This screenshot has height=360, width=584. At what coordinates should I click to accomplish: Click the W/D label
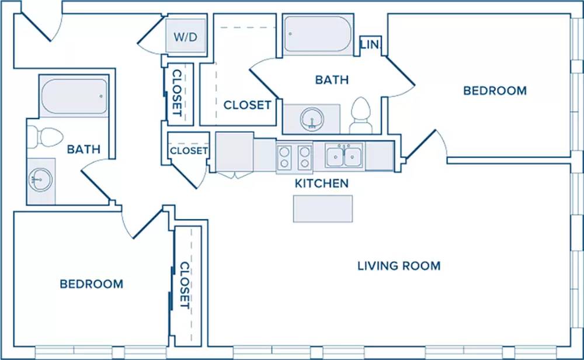(185, 37)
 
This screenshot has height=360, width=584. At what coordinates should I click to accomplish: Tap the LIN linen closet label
(370, 45)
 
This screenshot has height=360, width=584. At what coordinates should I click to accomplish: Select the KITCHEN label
(322, 184)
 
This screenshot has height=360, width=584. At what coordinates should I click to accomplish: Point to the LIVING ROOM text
(399, 266)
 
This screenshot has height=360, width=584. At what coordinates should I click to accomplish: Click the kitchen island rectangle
(323, 209)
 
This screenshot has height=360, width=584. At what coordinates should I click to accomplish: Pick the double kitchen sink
(343, 156)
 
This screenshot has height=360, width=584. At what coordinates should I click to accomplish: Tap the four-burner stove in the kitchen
(294, 157)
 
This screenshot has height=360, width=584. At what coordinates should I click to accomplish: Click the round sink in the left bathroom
(41, 180)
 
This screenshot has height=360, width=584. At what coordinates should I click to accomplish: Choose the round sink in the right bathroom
(312, 119)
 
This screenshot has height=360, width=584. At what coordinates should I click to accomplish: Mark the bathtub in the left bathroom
(74, 96)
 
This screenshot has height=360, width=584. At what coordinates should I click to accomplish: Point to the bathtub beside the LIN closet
(318, 34)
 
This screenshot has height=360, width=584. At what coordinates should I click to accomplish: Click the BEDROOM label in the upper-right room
(495, 91)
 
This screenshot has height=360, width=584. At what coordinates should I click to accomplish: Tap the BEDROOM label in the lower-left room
(92, 284)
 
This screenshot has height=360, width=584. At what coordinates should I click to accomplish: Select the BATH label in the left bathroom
(84, 150)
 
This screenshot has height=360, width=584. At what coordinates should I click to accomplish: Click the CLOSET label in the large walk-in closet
(247, 105)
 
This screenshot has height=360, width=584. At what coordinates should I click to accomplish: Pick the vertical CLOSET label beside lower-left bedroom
(185, 285)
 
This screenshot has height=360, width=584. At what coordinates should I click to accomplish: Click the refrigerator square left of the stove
(235, 152)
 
